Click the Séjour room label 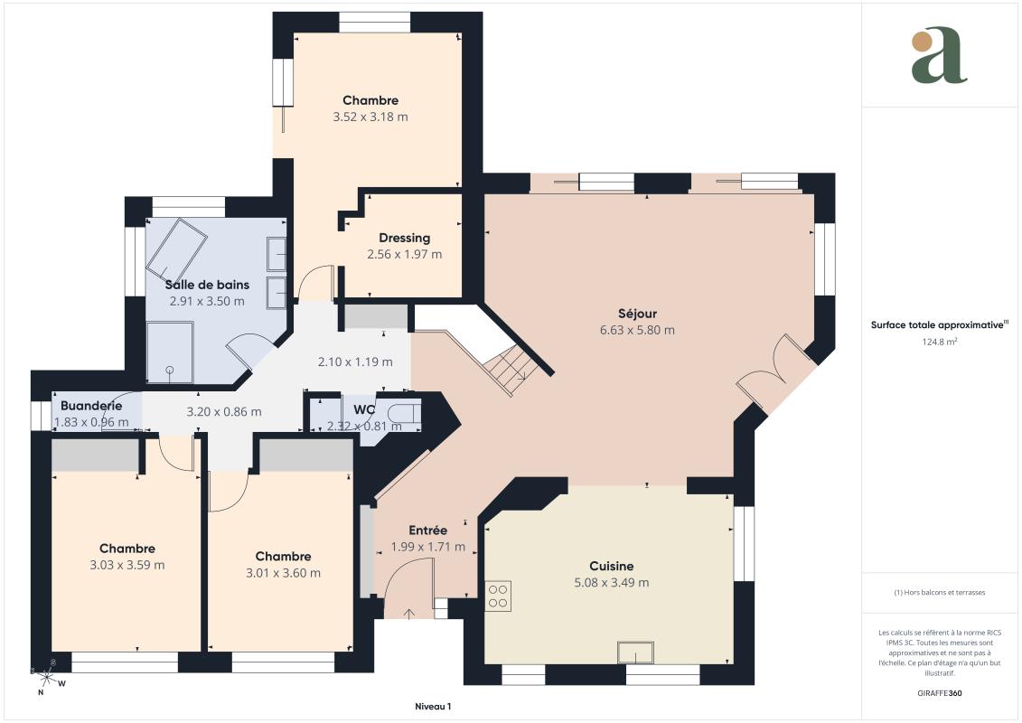pos(637,314)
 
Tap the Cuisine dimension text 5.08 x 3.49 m pos(612,583)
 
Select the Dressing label pos(404,238)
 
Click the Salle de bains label pos(207,285)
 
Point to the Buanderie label pos(91,406)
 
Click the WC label pos(363,409)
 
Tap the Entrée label pos(427,530)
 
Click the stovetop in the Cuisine pos(498,596)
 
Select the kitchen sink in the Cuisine pos(636,653)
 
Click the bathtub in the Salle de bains pos(176,249)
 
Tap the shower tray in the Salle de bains pos(170,352)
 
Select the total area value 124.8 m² pos(939,341)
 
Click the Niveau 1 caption pos(433,706)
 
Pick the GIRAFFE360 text pos(939,693)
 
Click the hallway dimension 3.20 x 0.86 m pos(223,411)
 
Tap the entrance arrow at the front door pos(409,614)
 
